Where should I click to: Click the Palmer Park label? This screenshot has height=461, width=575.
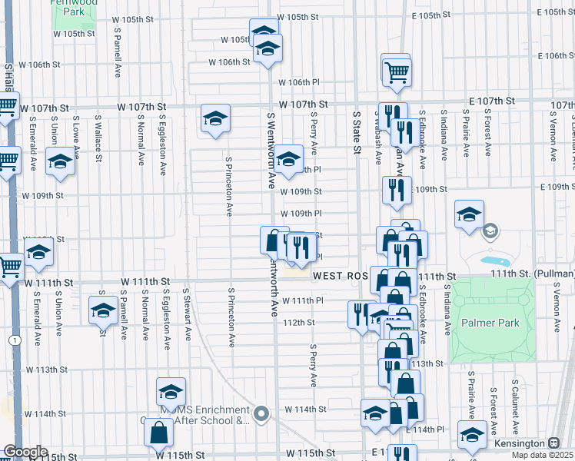491,324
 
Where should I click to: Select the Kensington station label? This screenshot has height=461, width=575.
519,444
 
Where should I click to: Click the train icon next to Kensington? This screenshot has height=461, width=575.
553,444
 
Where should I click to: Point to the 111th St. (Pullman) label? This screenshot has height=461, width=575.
538,274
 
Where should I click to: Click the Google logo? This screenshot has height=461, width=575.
25,452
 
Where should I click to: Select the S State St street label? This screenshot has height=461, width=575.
357,131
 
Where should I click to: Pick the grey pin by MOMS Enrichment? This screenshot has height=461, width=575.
262,415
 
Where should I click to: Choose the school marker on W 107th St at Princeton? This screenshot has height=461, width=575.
215,118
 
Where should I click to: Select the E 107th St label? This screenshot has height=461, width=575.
492,101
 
